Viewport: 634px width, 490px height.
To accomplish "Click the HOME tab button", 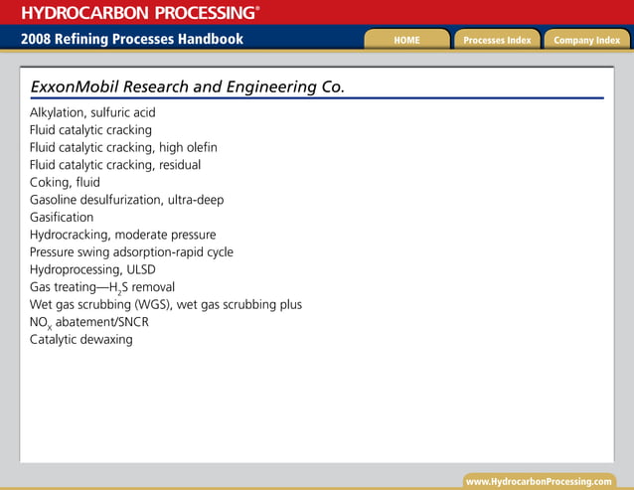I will pyautogui.click(x=406, y=40).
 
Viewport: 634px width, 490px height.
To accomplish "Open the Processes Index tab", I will pyautogui.click(x=497, y=40).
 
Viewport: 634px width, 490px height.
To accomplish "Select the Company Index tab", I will pyautogui.click(x=586, y=40).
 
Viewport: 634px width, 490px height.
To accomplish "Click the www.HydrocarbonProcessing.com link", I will pyautogui.click(x=539, y=481).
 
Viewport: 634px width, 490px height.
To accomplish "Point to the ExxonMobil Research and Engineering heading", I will pyautogui.click(x=188, y=86).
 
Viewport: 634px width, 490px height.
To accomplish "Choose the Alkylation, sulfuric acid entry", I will pyautogui.click(x=92, y=113).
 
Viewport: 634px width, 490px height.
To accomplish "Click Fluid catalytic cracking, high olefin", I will pyautogui.click(x=123, y=148).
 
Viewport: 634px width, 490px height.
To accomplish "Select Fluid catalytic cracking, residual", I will pyautogui.click(x=115, y=165).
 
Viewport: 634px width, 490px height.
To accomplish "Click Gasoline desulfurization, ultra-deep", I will pyautogui.click(x=126, y=200).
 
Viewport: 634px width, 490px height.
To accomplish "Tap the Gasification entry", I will pyautogui.click(x=62, y=218).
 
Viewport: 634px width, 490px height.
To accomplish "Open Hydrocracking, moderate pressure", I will pyautogui.click(x=122, y=235).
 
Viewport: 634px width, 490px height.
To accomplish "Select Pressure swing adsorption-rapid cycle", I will pyautogui.click(x=131, y=252).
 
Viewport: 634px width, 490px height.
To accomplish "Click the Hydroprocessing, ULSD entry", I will pyautogui.click(x=92, y=269).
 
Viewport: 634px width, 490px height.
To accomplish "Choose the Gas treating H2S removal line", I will pyautogui.click(x=102, y=287).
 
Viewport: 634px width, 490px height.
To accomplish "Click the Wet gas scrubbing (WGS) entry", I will pyautogui.click(x=165, y=305).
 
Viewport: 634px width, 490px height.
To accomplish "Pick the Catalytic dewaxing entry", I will pyautogui.click(x=80, y=340).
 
